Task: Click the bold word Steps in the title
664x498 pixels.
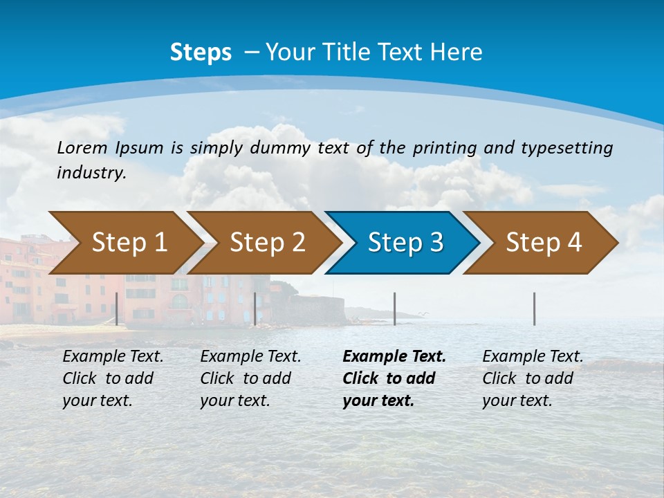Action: pyautogui.click(x=201, y=53)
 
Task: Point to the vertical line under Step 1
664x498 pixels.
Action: pyautogui.click(x=117, y=308)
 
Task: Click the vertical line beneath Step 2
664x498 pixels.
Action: pyautogui.click(x=255, y=308)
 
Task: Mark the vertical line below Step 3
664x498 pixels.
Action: pyautogui.click(x=395, y=308)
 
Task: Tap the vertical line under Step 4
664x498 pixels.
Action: pyautogui.click(x=534, y=308)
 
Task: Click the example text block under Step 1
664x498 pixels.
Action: pyautogui.click(x=113, y=378)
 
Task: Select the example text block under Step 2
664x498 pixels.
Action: pyautogui.click(x=250, y=378)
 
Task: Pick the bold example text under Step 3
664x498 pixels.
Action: pyautogui.click(x=394, y=378)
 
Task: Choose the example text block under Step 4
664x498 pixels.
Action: pyautogui.click(x=533, y=378)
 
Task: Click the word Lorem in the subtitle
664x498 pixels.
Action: pyautogui.click(x=82, y=148)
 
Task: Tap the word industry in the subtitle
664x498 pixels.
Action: pyautogui.click(x=91, y=173)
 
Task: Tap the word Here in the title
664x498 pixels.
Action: pyautogui.click(x=456, y=53)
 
